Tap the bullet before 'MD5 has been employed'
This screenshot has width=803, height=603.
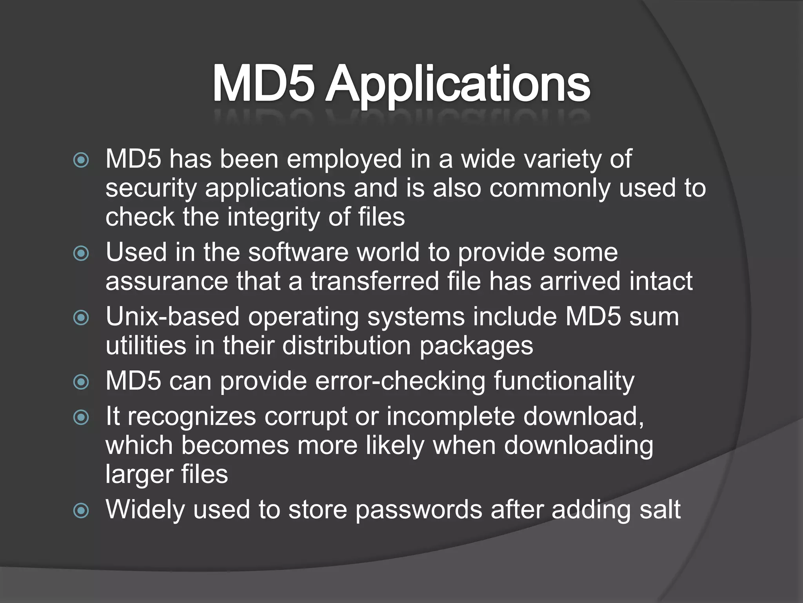click(81, 160)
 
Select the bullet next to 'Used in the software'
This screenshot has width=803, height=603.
click(81, 253)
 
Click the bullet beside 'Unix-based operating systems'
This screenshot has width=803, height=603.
click(81, 317)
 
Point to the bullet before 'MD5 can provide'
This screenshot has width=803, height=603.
click(81, 382)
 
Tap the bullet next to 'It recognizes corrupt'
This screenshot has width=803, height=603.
click(81, 417)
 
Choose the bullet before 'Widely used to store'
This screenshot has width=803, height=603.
click(81, 510)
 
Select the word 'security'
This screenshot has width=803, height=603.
click(151, 189)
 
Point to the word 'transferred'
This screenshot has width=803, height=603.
click(374, 281)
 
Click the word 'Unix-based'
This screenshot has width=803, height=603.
click(173, 317)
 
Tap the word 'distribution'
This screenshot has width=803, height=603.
click(346, 346)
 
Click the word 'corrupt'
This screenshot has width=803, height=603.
click(306, 417)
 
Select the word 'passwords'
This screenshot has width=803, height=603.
click(419, 510)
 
